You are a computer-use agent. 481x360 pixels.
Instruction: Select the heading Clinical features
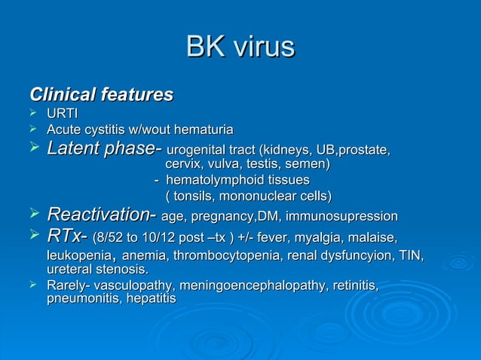point(101,95)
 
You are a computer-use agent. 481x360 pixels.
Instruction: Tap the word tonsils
point(195,196)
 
